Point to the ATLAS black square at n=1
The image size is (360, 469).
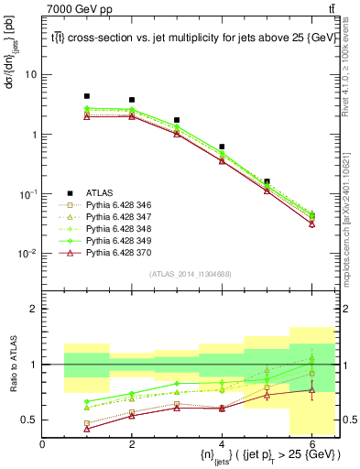[x=87, y=96]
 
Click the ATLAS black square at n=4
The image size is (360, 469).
[x=222, y=147]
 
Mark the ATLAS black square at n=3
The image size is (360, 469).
[x=177, y=120]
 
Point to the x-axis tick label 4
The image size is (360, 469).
[x=222, y=445]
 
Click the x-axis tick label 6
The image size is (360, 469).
[x=311, y=445]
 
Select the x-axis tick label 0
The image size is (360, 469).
[x=42, y=445]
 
